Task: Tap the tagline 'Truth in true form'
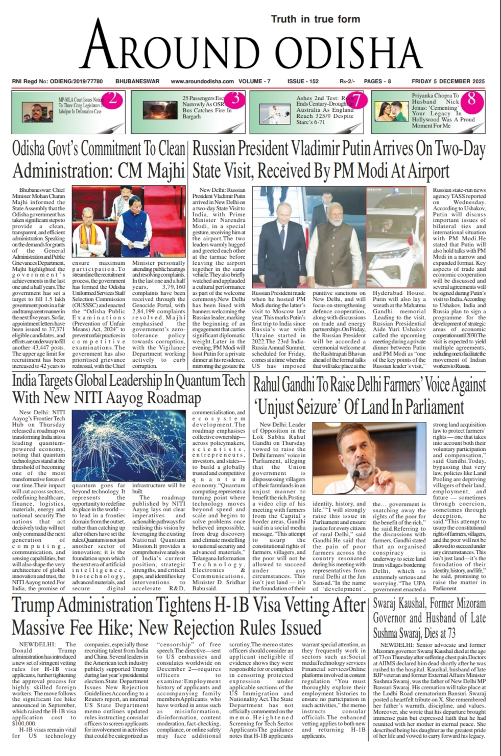point(315,19)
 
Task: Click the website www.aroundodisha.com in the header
point(202,82)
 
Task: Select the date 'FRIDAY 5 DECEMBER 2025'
point(449,82)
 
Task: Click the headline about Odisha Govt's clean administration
point(99,160)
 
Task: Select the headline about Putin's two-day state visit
point(339,160)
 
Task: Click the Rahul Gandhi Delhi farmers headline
point(369,396)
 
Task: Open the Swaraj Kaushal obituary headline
point(430,618)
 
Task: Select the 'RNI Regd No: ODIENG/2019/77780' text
point(57,82)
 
